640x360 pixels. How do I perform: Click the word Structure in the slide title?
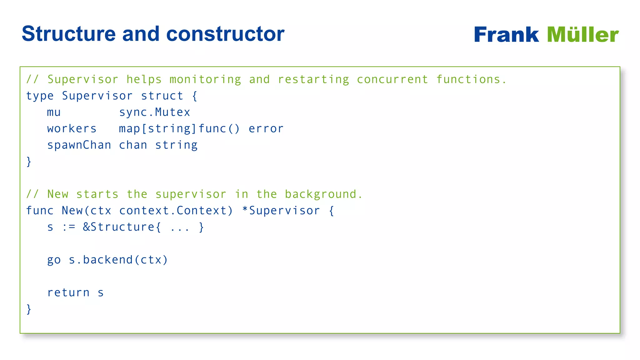69,34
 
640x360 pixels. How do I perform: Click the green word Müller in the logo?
582,35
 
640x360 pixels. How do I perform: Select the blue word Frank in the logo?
506,35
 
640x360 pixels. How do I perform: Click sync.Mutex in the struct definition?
155,112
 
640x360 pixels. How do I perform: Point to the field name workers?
72,129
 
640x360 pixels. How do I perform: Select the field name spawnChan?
79,145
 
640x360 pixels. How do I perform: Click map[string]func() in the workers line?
179,129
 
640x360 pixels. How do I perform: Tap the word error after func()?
266,129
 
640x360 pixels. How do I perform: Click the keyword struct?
162,96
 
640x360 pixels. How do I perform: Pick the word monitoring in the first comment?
205,79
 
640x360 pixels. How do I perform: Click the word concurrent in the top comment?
392,79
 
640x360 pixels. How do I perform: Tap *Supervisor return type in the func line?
281,211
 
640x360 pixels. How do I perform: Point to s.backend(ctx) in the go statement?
118,260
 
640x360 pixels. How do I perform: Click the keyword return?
68,293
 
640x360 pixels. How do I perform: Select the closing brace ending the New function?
29,309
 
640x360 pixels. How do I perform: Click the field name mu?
54,112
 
